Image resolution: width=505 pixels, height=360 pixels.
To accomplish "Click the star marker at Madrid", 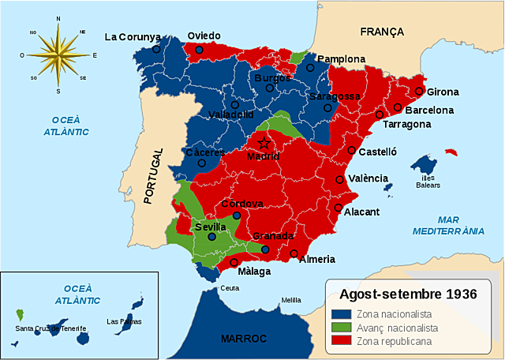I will (265, 143).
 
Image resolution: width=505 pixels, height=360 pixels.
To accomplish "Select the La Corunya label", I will (133, 36).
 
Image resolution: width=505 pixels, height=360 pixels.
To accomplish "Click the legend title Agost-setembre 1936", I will (409, 294).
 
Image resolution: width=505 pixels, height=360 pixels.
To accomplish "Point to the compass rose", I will (58, 54).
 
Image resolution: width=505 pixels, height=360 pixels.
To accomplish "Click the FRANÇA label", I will (382, 32).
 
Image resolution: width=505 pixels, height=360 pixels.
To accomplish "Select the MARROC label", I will (244, 338).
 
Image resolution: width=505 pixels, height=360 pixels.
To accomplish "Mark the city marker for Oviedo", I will (200, 50).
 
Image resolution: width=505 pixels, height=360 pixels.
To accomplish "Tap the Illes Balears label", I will (429, 182).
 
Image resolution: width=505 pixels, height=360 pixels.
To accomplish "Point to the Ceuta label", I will (230, 288).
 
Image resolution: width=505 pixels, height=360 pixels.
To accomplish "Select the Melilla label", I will (291, 300).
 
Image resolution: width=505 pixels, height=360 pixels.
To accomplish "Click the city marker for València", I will (341, 180).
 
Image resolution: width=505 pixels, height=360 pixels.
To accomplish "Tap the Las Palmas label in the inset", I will (124, 321).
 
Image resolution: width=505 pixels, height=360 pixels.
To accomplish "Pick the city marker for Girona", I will (421, 91).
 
